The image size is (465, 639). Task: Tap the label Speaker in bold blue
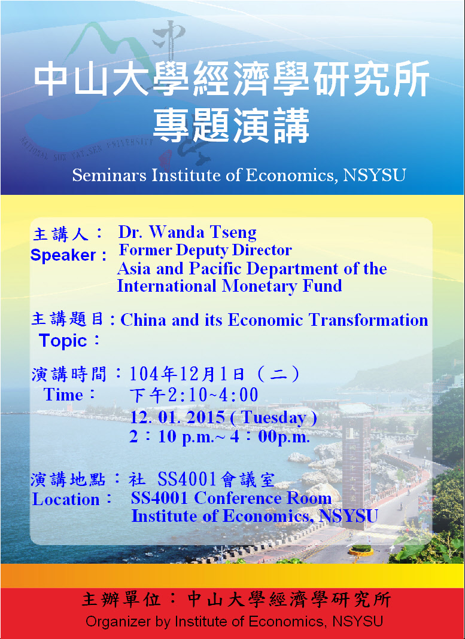(63, 255)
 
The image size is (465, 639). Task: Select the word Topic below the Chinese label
(63, 341)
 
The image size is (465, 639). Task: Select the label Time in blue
(63, 395)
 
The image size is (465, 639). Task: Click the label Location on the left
(66, 500)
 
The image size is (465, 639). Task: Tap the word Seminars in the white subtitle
(110, 176)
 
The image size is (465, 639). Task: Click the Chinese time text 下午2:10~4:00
(194, 395)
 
